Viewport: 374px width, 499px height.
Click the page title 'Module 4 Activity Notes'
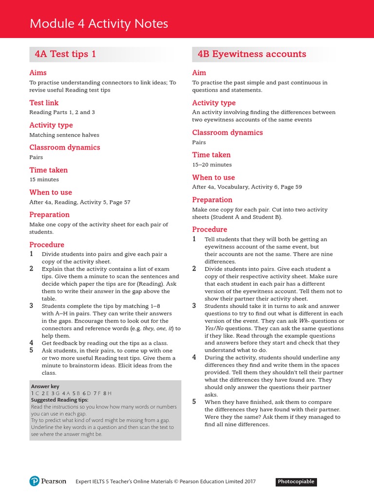[x=99, y=23]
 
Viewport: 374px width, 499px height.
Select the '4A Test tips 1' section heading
[x=65, y=54]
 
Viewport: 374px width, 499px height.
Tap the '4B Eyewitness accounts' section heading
[x=252, y=54]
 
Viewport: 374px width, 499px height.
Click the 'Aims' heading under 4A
[x=38, y=73]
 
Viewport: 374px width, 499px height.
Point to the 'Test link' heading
[x=44, y=103]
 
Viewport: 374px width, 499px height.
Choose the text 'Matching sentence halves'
[x=64, y=135]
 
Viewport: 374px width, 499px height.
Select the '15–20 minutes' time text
[x=212, y=165]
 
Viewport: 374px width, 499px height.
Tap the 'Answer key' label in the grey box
[x=45, y=386]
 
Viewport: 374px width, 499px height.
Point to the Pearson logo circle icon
[x=34, y=481]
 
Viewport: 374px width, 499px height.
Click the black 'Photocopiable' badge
[x=297, y=482]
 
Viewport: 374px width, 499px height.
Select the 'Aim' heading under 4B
[x=199, y=73]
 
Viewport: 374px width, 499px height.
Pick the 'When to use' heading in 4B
[x=213, y=177]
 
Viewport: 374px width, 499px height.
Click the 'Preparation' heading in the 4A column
[x=49, y=214]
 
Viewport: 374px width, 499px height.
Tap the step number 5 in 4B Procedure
[x=194, y=402]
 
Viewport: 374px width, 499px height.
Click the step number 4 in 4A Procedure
[x=31, y=343]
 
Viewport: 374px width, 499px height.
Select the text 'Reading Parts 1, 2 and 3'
[x=62, y=112]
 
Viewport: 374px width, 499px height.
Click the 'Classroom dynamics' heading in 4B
[x=227, y=133]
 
